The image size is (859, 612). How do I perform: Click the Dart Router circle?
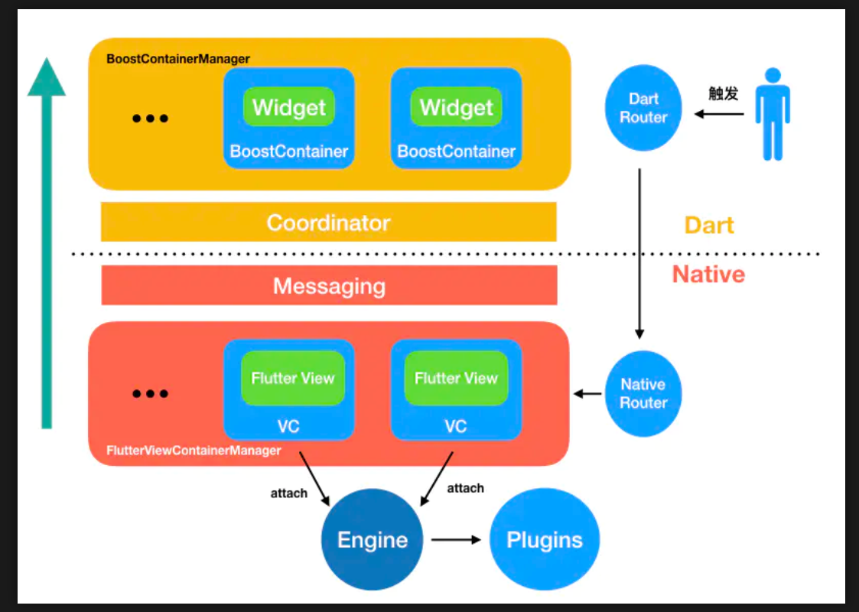[x=643, y=108]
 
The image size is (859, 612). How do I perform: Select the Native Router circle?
[x=643, y=393]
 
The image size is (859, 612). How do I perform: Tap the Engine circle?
[x=373, y=539]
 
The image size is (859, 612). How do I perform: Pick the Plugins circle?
[x=545, y=539]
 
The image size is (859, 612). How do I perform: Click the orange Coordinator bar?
[x=328, y=223]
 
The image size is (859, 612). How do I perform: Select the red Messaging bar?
[x=329, y=286]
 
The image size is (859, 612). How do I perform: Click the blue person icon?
[x=773, y=114]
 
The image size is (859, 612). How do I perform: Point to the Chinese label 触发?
[x=724, y=93]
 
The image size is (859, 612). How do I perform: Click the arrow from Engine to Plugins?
[x=456, y=539]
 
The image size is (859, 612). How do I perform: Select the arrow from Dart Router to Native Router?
[x=639, y=252]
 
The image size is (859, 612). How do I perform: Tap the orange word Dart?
[x=709, y=225]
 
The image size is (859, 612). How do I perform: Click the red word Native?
[x=708, y=274]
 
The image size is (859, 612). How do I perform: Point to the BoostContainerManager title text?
[x=178, y=59]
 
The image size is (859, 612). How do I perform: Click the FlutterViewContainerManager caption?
[x=194, y=451]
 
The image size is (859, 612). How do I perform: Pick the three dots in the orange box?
[x=150, y=119]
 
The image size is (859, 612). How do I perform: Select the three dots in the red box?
[x=150, y=394]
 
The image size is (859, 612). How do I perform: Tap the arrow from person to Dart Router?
[x=719, y=114]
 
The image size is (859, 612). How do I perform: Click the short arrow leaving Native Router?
[x=587, y=394]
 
